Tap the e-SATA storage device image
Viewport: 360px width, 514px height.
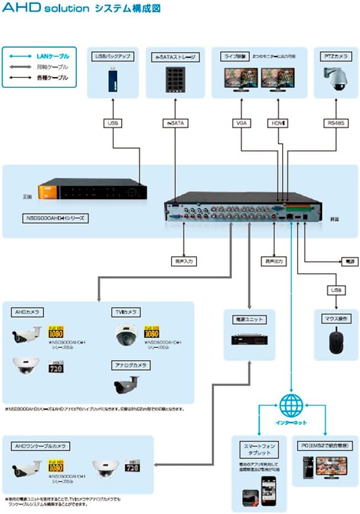(174, 80)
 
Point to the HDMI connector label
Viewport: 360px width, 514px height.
(276, 123)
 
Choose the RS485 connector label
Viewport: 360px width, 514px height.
(336, 123)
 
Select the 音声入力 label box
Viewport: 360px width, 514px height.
(184, 261)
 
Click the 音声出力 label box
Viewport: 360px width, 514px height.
(274, 261)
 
